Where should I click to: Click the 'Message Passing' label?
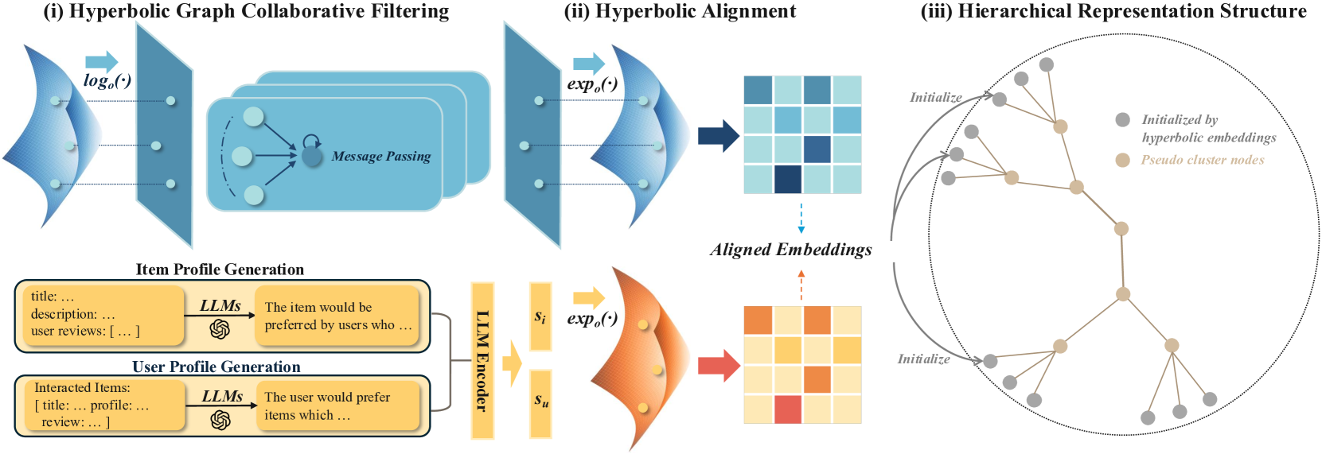[380, 157]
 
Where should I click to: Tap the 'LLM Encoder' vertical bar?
[482, 361]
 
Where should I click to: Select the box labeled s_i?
[540, 316]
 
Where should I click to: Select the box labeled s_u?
[540, 404]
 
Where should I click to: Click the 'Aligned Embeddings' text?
[791, 250]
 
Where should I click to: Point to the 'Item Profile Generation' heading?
[220, 270]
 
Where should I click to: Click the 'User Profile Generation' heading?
[216, 367]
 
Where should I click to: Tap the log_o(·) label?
[107, 81]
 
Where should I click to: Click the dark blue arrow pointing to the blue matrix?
[718, 136]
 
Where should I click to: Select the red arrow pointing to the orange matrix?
[719, 366]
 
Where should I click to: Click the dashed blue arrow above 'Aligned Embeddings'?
[801, 218]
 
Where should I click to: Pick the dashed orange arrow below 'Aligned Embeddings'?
[801, 286]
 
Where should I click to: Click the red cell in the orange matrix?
[787, 409]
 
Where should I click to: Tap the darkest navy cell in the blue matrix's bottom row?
[787, 179]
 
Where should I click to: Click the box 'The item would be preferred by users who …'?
[337, 316]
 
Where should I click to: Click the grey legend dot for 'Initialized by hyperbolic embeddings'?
[1122, 120]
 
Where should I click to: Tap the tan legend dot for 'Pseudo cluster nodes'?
[1122, 160]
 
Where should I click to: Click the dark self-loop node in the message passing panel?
[312, 157]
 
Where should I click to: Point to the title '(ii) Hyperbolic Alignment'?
[680, 11]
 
